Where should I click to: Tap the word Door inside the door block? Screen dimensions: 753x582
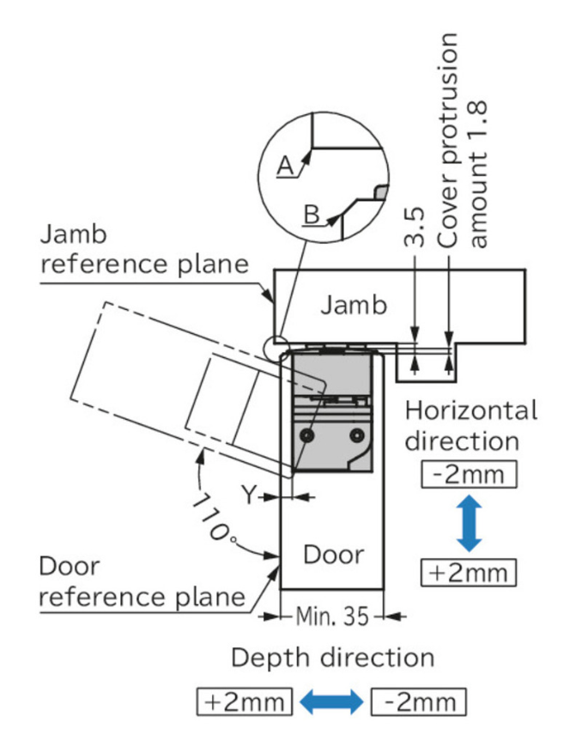tap(334, 555)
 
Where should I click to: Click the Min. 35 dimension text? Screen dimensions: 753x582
tap(332, 616)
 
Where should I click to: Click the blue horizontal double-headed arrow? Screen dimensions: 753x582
tap(332, 702)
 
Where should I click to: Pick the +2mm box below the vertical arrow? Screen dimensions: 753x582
tap(469, 572)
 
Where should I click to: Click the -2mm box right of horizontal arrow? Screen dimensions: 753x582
tap(419, 702)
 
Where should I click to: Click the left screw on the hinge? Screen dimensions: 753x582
tap(305, 436)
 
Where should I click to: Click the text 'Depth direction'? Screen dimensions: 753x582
tap(332, 659)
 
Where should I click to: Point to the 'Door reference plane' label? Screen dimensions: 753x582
tap(142, 582)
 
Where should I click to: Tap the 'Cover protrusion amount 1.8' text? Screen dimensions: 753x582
tap(464, 142)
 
